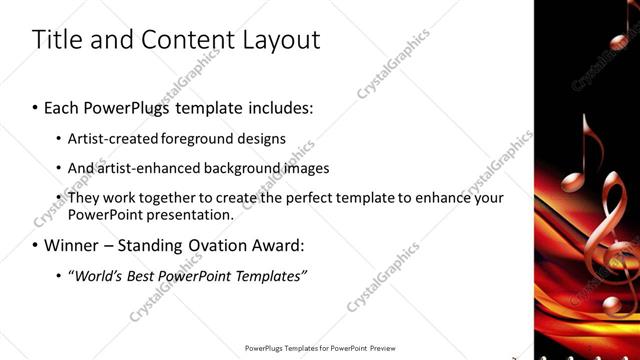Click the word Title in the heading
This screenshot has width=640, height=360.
[x=58, y=40]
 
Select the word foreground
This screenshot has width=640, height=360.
[x=198, y=138]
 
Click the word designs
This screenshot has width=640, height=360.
[x=263, y=138]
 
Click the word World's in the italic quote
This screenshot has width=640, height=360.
[x=95, y=275]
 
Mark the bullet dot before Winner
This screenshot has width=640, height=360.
[x=35, y=245]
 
